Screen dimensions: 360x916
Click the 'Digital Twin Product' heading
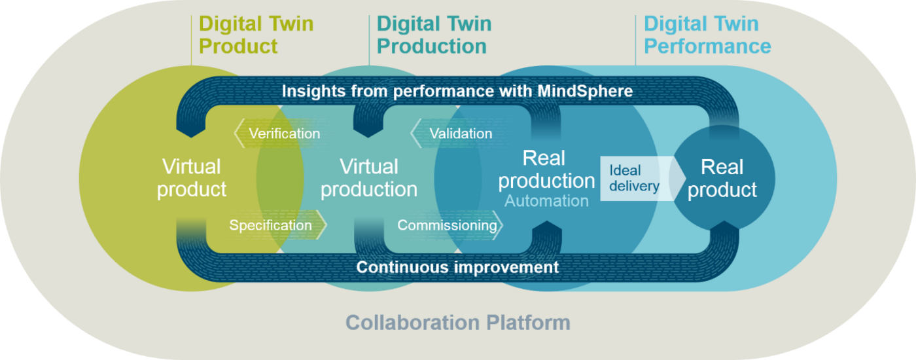[256, 35]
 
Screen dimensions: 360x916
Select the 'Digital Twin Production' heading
[434, 35]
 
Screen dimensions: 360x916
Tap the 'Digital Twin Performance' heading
[707, 35]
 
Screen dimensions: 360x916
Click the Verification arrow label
[283, 134]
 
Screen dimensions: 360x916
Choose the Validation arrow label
[459, 134]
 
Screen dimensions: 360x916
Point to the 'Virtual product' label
[192, 178]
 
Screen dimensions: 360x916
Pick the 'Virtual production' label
[368, 178]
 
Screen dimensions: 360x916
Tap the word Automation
[546, 201]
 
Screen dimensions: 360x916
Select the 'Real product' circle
[723, 178]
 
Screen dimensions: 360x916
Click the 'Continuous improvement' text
[457, 267]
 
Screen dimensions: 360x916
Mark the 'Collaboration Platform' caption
[458, 323]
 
